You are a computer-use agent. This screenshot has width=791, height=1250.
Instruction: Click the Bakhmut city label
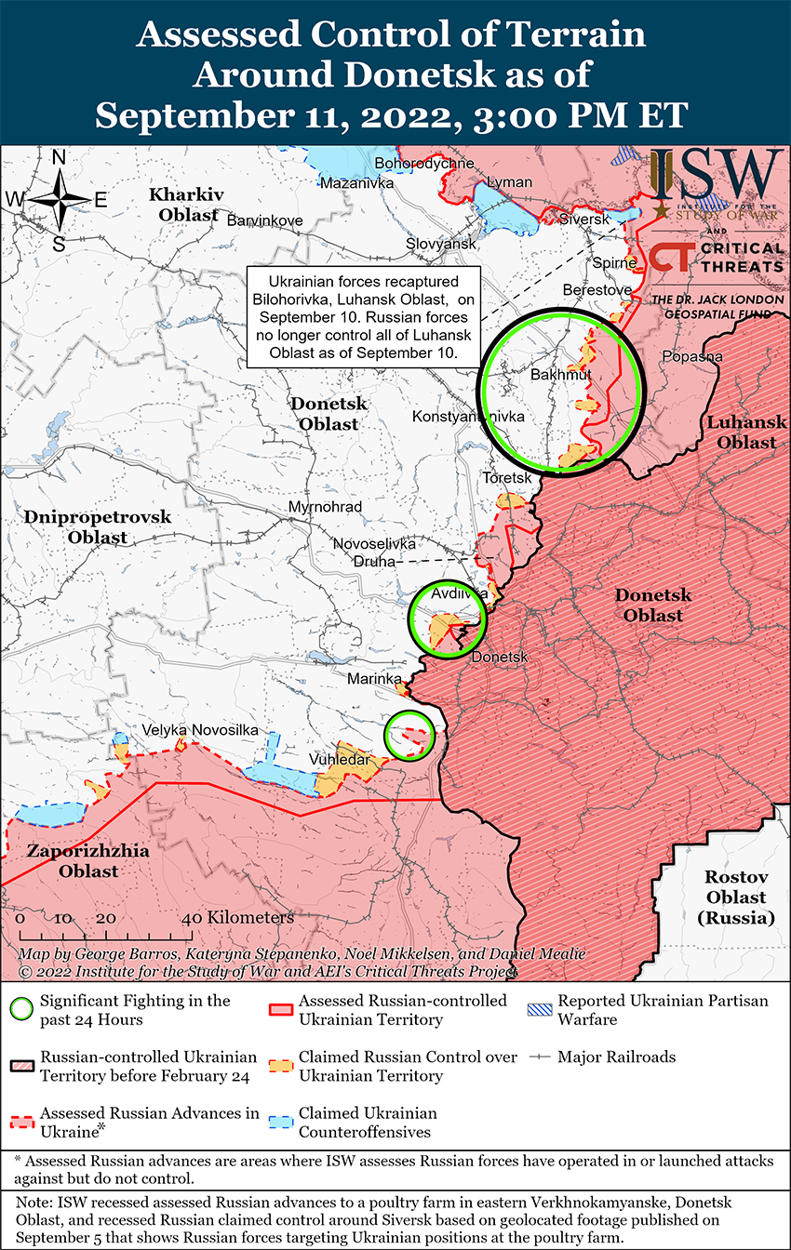[x=560, y=375]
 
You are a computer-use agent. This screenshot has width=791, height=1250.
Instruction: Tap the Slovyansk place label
[x=440, y=243]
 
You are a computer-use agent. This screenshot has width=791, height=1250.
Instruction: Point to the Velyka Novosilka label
[x=199, y=730]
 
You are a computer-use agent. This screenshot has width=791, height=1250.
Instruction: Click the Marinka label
[x=373, y=679]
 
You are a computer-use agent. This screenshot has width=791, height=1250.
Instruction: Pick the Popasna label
[x=690, y=356]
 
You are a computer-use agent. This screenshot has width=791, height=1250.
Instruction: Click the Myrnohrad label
[x=325, y=507]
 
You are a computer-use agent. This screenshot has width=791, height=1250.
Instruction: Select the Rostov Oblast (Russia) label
[x=735, y=897]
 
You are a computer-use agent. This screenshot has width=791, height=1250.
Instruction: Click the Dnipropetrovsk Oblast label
[x=85, y=526]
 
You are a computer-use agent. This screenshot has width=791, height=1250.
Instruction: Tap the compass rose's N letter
[x=59, y=158]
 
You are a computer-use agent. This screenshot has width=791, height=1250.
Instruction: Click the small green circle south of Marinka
[x=409, y=735]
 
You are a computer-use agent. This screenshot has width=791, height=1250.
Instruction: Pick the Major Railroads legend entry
[x=615, y=1057]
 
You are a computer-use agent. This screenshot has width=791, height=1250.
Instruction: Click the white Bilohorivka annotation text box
[x=364, y=316]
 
